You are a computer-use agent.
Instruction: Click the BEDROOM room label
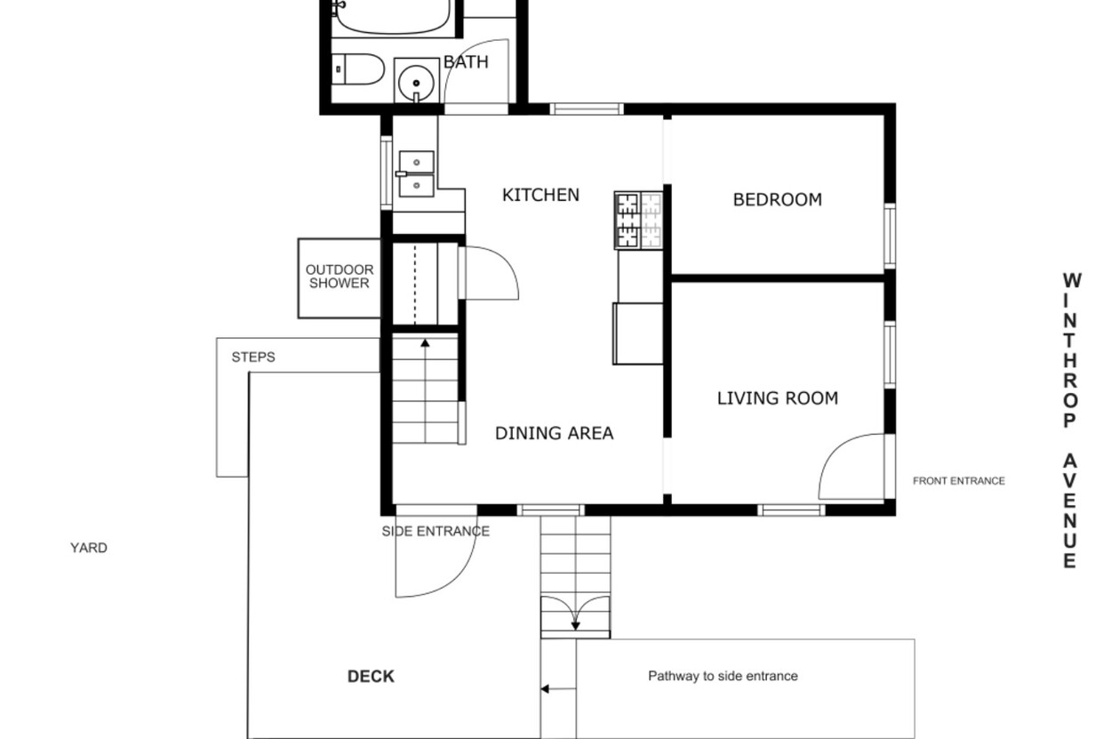coord(777,199)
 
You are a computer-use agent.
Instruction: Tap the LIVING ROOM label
coord(777,398)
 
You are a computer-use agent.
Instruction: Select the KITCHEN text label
coord(540,195)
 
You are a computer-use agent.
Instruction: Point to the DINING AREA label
coord(554,433)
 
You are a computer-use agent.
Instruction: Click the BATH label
coord(466,62)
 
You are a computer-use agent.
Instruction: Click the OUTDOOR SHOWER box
coord(340,278)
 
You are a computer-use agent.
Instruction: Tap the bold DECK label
coord(371,677)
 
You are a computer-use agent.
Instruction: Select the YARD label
coord(89,548)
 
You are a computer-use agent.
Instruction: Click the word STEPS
coord(253,357)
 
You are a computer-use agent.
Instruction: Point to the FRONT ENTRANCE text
coord(959,480)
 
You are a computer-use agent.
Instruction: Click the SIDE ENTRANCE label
coord(436,531)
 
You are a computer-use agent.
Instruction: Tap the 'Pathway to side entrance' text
coord(723,676)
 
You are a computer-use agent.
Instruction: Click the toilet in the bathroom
coord(357,69)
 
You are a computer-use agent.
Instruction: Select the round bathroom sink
coord(416,83)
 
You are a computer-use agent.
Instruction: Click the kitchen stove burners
coord(639,220)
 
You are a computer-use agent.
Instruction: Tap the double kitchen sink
coord(416,173)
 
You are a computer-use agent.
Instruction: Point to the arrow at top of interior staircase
coord(425,343)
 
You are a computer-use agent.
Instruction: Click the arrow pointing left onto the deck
coord(558,689)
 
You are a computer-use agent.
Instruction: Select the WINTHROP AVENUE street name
coord(1070,421)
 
